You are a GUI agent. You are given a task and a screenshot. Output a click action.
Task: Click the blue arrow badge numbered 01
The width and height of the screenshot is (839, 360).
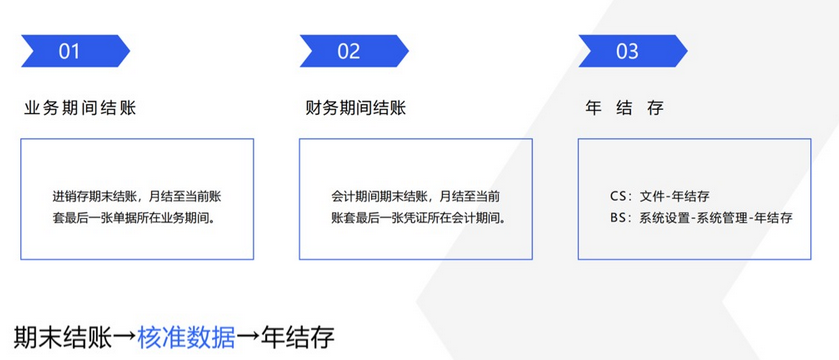[75, 51]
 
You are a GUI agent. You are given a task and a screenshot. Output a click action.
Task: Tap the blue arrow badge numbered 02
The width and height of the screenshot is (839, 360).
[354, 51]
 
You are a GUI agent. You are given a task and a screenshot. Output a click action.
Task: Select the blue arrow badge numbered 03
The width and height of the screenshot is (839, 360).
[633, 51]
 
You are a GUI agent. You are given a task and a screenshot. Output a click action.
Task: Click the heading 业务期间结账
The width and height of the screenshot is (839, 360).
[80, 109]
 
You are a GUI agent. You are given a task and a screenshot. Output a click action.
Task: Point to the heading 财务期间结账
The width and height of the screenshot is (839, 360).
[356, 109]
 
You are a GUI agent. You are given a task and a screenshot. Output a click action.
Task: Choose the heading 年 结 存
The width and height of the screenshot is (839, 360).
[624, 109]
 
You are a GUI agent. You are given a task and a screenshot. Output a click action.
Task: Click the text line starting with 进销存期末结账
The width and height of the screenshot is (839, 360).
[137, 197]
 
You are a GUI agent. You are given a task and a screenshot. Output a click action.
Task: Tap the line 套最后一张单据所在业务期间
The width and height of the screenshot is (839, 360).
[137, 219]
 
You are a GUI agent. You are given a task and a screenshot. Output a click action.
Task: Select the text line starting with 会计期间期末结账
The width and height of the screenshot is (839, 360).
[416, 197]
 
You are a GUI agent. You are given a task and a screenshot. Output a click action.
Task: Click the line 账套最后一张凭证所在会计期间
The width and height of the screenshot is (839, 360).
[418, 219]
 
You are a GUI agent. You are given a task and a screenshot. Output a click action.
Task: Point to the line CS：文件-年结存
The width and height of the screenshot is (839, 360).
[660, 197]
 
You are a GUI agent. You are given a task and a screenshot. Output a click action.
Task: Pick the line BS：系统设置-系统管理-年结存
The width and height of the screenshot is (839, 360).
[701, 219]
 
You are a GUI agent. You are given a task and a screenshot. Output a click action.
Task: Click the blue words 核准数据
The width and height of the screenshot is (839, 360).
[186, 338]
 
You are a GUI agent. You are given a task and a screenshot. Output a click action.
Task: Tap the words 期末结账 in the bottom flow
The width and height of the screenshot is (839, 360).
[63, 338]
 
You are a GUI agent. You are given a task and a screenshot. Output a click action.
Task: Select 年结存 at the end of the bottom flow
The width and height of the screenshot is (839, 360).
[298, 338]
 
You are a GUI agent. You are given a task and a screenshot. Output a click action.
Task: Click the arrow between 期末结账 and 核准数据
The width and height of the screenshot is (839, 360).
[125, 338]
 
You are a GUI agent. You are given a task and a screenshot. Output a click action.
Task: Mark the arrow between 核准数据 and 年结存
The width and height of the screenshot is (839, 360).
[248, 338]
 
